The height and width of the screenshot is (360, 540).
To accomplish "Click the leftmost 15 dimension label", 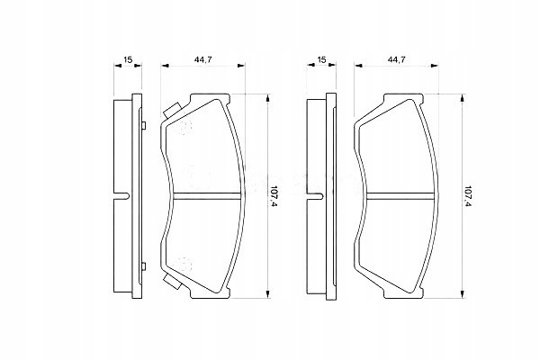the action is pos(128,59).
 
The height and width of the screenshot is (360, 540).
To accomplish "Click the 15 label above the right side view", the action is pos(321,59).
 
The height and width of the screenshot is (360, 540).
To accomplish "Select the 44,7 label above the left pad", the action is pos(202,59).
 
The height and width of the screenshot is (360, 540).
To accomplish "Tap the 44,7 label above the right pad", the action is pos(396,59).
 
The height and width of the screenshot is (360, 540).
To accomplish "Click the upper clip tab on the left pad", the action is pos(172,110).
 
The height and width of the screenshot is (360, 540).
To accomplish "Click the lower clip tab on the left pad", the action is pos(172,282).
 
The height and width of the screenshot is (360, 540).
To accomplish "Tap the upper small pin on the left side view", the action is pos(144,125).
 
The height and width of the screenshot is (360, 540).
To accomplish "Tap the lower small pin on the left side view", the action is pos(144,266).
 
